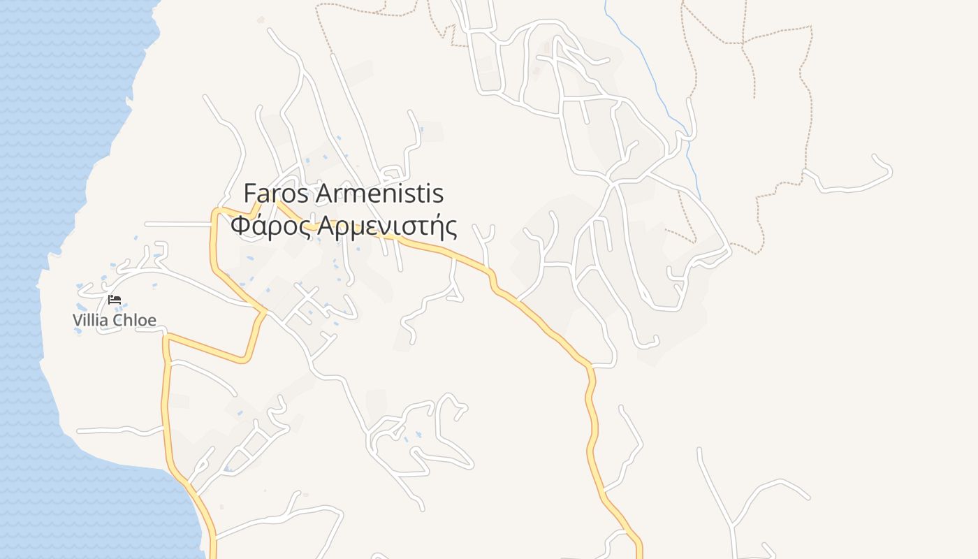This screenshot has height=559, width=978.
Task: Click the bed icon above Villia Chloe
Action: tap(115, 299)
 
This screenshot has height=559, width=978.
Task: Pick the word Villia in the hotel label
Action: tap(91, 321)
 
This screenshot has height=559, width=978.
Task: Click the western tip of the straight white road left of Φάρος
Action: tap(146, 224)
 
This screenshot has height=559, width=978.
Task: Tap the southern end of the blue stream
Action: tap(701, 198)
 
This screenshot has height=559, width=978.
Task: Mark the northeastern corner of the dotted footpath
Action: tap(811, 27)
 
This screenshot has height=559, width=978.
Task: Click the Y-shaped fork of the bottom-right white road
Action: tap(731, 524)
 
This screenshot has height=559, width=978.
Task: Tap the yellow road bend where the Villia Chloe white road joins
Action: tap(265, 310)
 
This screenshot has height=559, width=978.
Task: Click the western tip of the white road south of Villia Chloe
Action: tap(78, 430)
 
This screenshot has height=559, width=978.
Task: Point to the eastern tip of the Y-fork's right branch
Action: tap(809, 498)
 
